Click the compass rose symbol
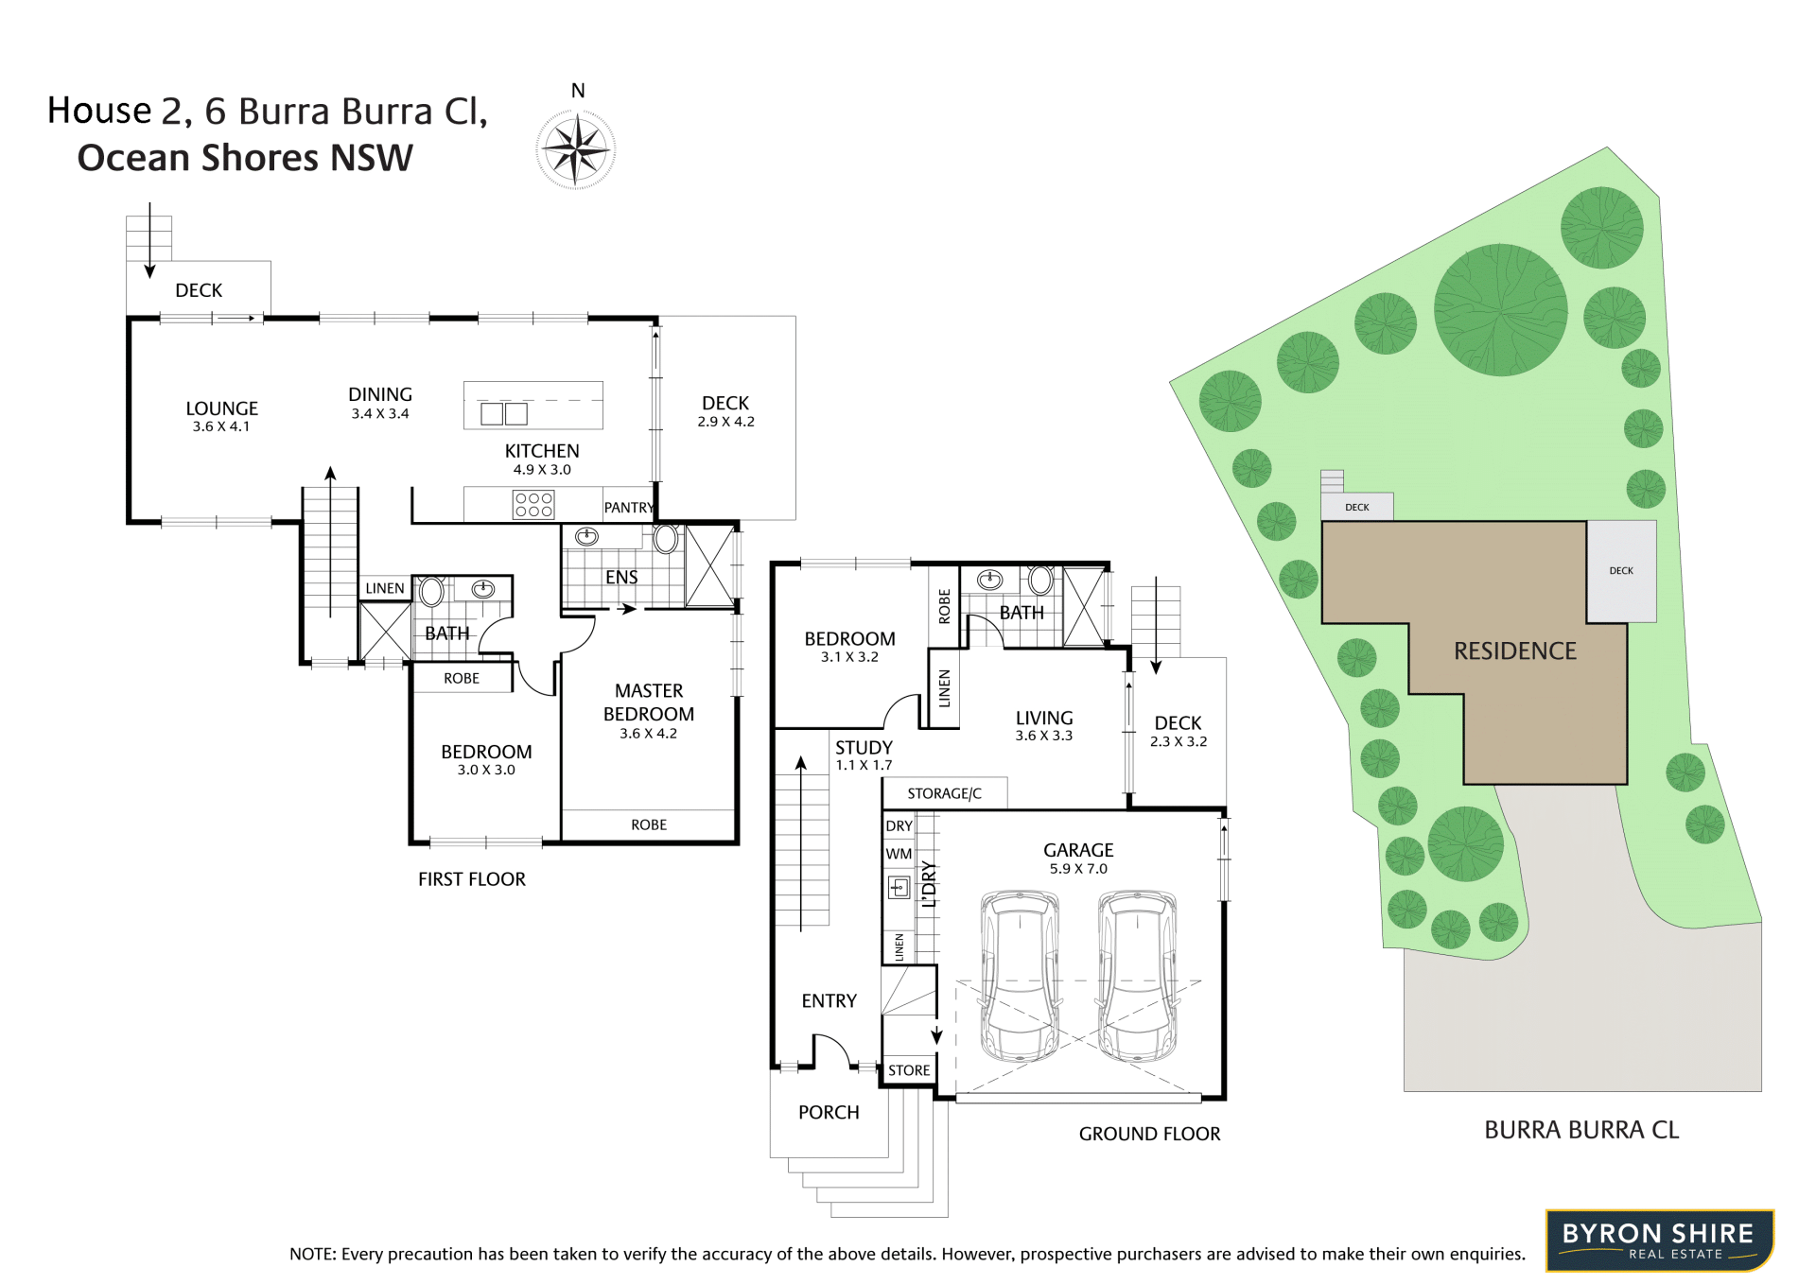click(x=576, y=149)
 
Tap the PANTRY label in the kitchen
click(x=629, y=508)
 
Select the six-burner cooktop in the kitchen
click(x=533, y=504)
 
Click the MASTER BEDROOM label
click(x=649, y=703)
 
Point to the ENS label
click(x=621, y=578)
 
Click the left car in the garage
click(x=1020, y=975)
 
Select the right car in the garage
click(x=1138, y=975)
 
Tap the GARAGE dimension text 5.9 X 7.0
click(x=1078, y=869)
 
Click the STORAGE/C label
click(x=944, y=794)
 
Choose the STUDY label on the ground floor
click(x=864, y=748)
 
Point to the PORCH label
click(x=829, y=1113)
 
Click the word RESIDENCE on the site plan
click(x=1515, y=651)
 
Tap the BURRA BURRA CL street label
click(x=1581, y=1130)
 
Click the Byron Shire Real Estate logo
click(x=1660, y=1241)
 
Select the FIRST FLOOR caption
click(x=472, y=879)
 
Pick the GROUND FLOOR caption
click(x=1149, y=1134)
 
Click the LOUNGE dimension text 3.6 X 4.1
click(x=221, y=427)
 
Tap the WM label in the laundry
click(x=899, y=854)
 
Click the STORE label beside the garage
click(x=909, y=1070)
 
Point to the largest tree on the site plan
click(x=1500, y=310)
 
